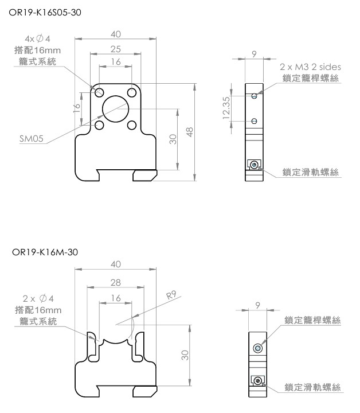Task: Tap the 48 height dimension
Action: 190,131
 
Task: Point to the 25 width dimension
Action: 115,49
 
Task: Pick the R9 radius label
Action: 171,296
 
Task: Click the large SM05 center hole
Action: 115,108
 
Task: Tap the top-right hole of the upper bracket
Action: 132,92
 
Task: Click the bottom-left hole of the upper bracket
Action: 99,124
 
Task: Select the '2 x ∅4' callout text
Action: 37,299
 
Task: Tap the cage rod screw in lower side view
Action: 259,348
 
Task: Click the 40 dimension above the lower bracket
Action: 115,264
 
